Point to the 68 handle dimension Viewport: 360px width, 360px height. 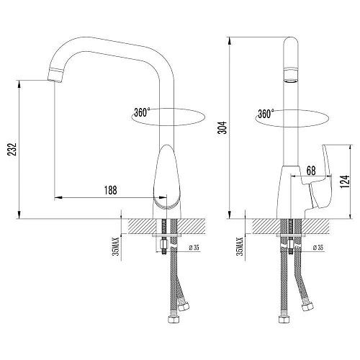click(310, 170)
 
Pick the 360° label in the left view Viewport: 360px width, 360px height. click(142, 112)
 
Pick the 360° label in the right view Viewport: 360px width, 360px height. click(265, 113)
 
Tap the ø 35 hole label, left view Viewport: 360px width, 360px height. click(194, 248)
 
